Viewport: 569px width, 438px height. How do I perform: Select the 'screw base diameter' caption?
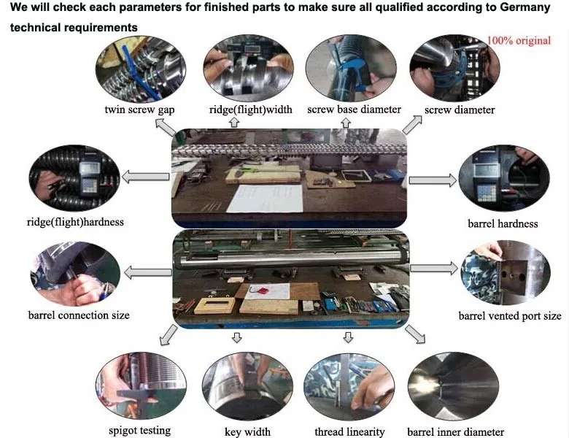coord(354,109)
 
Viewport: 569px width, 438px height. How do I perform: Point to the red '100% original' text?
coord(518,40)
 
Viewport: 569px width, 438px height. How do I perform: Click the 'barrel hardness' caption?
coord(502,223)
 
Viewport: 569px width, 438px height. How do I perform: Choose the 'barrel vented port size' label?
coord(510,316)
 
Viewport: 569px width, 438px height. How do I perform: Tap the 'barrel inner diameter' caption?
coord(455,431)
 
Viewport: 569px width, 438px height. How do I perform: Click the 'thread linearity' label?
coord(349,431)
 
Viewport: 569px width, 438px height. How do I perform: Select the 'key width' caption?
coord(248,431)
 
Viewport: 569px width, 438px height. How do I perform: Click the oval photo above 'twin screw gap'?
coord(137,68)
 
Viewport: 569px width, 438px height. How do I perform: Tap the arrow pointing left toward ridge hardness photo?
coord(146,176)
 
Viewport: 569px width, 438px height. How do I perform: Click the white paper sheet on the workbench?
coord(264,198)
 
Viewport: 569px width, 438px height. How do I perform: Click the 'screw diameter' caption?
coord(460,110)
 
